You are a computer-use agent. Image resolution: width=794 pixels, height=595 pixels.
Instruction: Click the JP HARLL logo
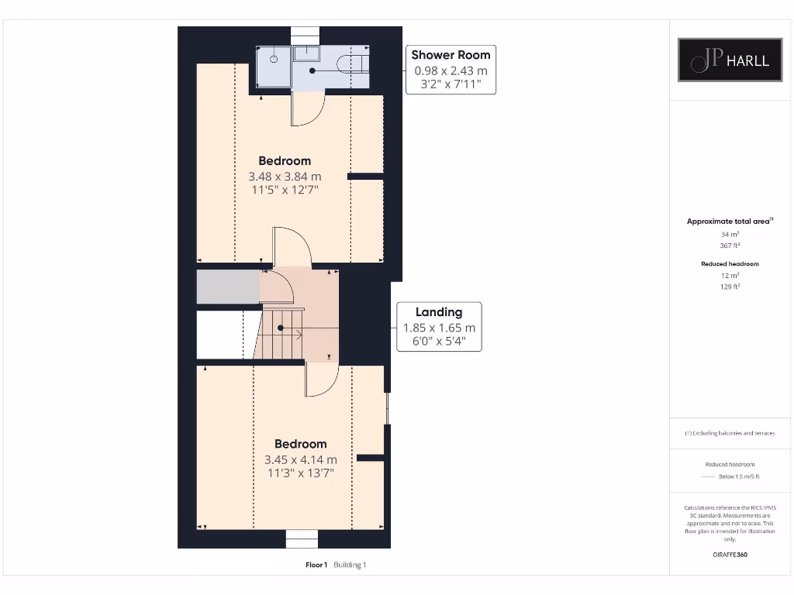pos(730,60)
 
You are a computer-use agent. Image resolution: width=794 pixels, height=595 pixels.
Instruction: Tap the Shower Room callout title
pos(451,55)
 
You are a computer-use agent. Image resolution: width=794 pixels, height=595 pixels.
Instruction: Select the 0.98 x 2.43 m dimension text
pos(451,71)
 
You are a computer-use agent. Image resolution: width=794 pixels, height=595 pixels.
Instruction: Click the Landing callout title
pos(439,312)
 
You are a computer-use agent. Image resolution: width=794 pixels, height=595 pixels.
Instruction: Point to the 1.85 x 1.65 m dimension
pos(439,328)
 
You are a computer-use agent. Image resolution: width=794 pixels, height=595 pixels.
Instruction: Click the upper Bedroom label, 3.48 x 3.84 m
pos(285,161)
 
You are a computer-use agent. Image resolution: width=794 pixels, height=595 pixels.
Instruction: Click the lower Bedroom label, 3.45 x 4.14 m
pos(300,444)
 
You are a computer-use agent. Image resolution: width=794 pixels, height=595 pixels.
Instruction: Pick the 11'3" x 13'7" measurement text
pos(300,472)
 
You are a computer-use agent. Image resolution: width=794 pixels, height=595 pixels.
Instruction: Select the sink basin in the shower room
pos(309,52)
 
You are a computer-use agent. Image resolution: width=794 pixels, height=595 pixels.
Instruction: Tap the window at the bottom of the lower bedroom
pos(302,538)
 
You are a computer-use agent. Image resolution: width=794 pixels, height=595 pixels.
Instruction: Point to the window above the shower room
pos(305,36)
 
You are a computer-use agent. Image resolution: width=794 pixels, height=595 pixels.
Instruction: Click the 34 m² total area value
pos(730,233)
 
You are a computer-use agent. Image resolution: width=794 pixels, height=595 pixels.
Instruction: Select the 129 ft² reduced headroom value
pos(730,286)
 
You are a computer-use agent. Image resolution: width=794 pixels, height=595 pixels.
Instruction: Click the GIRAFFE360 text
pos(730,555)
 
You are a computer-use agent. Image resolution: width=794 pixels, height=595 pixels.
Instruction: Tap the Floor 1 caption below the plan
pos(316,565)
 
